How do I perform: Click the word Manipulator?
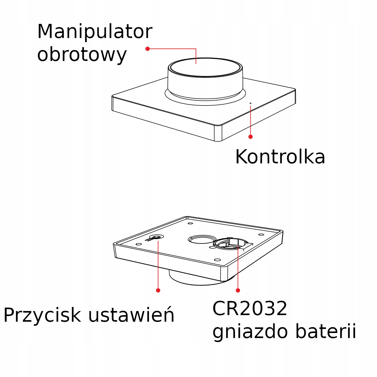tap(95, 32)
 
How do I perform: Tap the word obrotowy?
tap(82, 55)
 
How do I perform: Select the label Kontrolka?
tap(280, 157)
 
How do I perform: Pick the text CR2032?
tap(250, 309)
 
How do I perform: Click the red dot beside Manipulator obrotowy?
tap(147, 49)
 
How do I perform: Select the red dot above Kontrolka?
tap(250, 137)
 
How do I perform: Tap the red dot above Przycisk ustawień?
tap(158, 290)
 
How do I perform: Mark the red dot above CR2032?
tap(238, 290)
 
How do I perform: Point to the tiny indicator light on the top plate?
tap(250, 103)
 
